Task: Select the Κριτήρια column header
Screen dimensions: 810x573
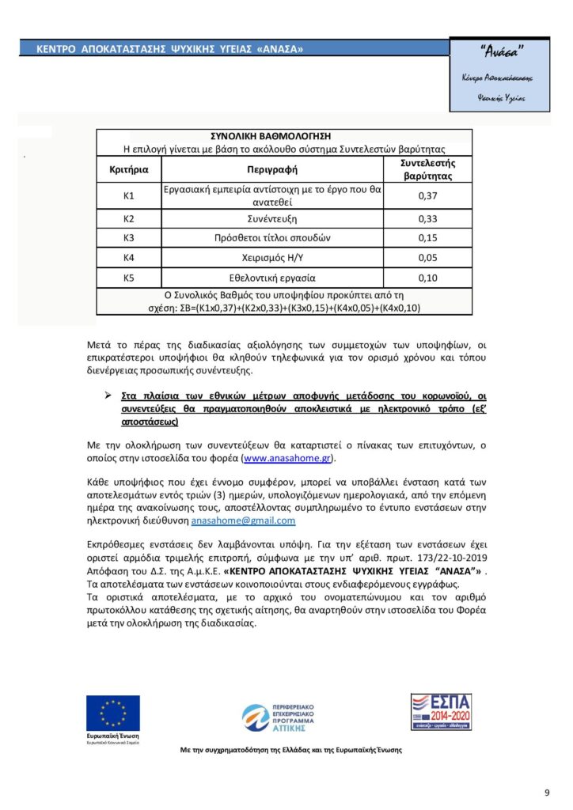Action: point(128,168)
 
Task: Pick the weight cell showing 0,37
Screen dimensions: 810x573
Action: point(427,195)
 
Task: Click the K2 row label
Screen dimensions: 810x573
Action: point(129,218)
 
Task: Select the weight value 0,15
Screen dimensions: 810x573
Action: point(427,237)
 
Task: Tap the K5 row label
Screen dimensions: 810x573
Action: point(129,278)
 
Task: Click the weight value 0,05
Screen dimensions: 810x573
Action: point(427,257)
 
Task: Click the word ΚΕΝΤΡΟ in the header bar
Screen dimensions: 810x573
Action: point(56,49)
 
